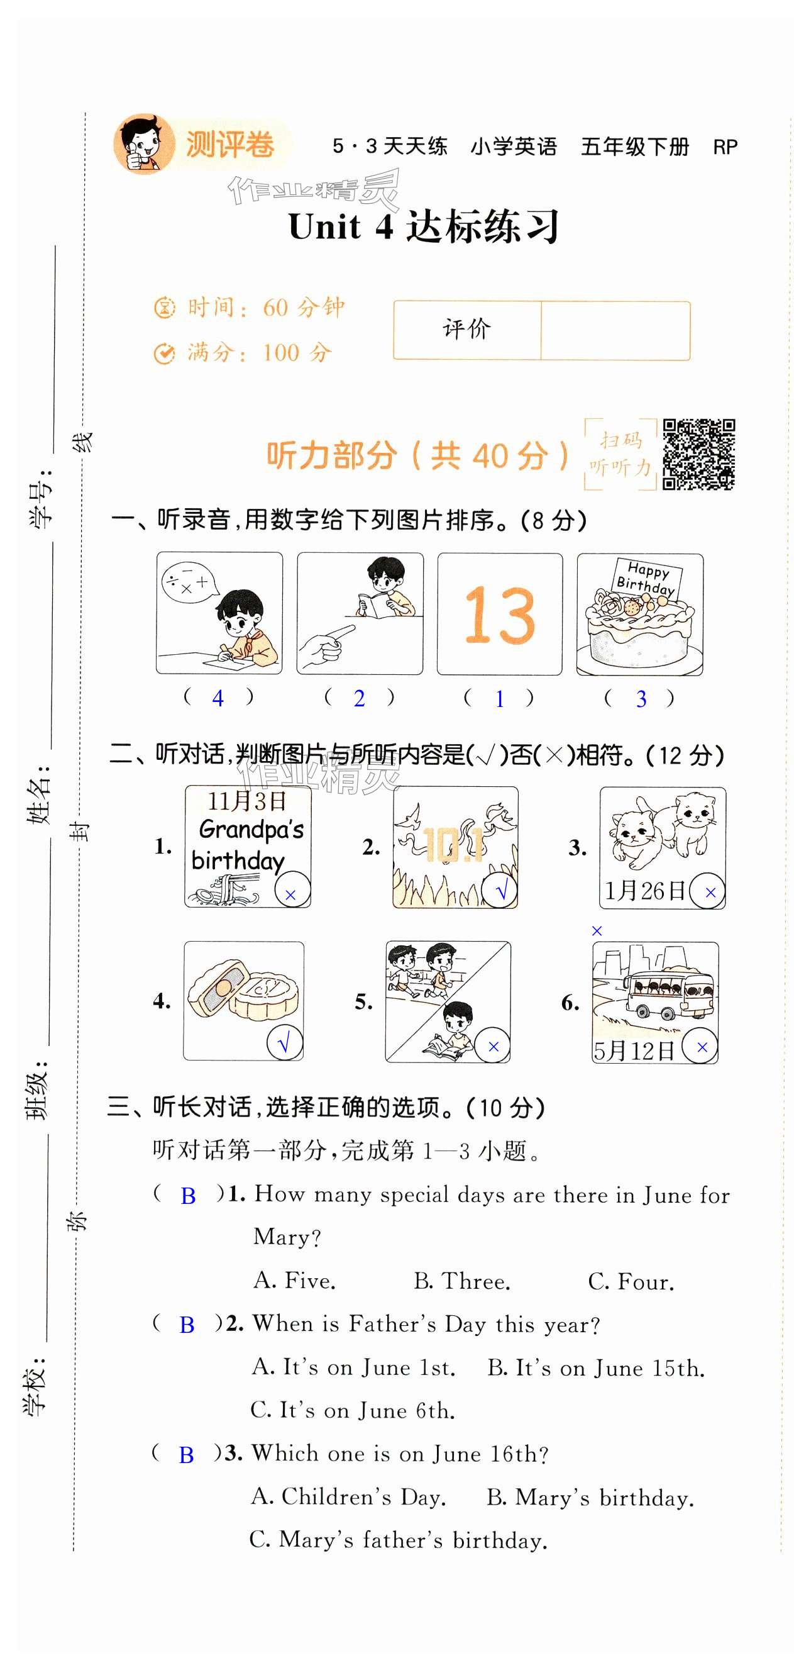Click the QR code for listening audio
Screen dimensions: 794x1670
tap(698, 454)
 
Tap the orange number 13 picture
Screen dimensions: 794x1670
tap(500, 615)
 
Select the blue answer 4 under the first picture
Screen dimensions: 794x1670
tap(218, 699)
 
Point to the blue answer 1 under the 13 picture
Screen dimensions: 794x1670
tap(500, 699)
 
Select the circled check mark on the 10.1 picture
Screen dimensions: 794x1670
tap(500, 891)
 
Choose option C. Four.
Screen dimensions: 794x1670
tap(631, 1282)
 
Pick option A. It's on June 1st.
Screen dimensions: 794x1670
tap(353, 1367)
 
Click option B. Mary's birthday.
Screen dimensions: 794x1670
tap(590, 1498)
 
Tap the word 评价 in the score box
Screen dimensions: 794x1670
tap(466, 330)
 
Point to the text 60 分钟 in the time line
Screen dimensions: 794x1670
tap(304, 308)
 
